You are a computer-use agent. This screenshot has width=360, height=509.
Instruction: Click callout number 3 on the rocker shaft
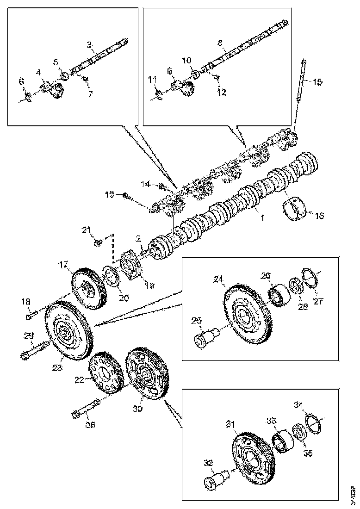89,45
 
